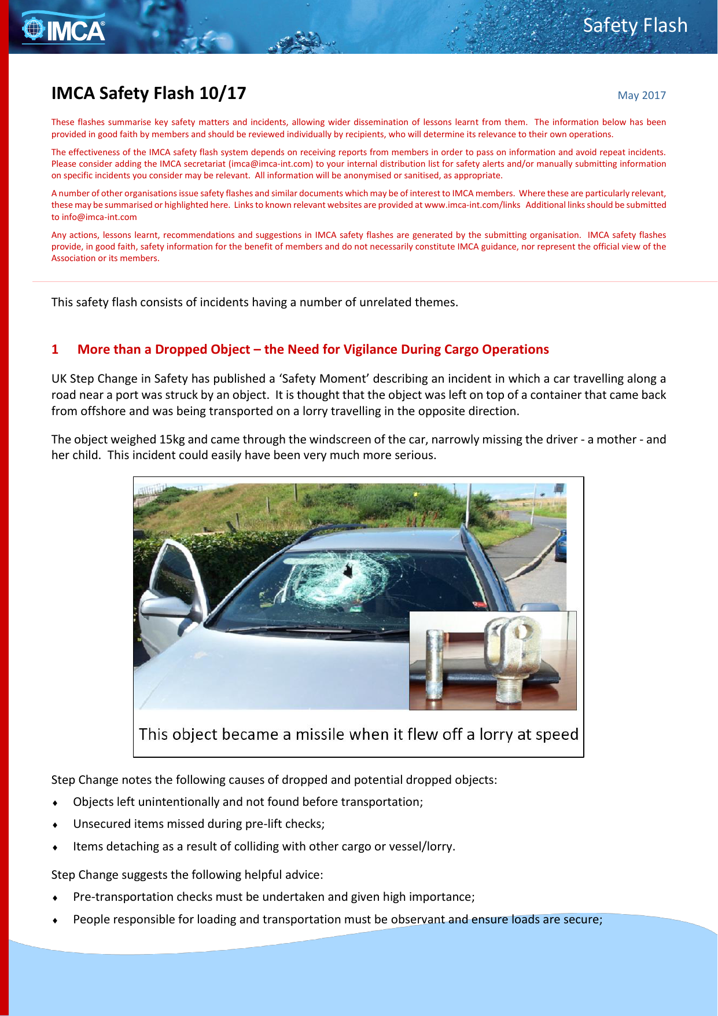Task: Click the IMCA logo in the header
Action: (64, 29)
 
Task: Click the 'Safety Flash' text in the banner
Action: (635, 25)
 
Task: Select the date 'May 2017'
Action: (641, 96)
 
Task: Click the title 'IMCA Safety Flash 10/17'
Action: (149, 93)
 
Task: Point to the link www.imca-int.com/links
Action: (472, 205)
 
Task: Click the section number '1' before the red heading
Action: (55, 350)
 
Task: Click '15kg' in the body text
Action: (172, 439)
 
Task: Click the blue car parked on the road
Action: (560, 547)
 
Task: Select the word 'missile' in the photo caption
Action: (322, 735)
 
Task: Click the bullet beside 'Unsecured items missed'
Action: (55, 825)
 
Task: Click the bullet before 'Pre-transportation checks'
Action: (55, 898)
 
